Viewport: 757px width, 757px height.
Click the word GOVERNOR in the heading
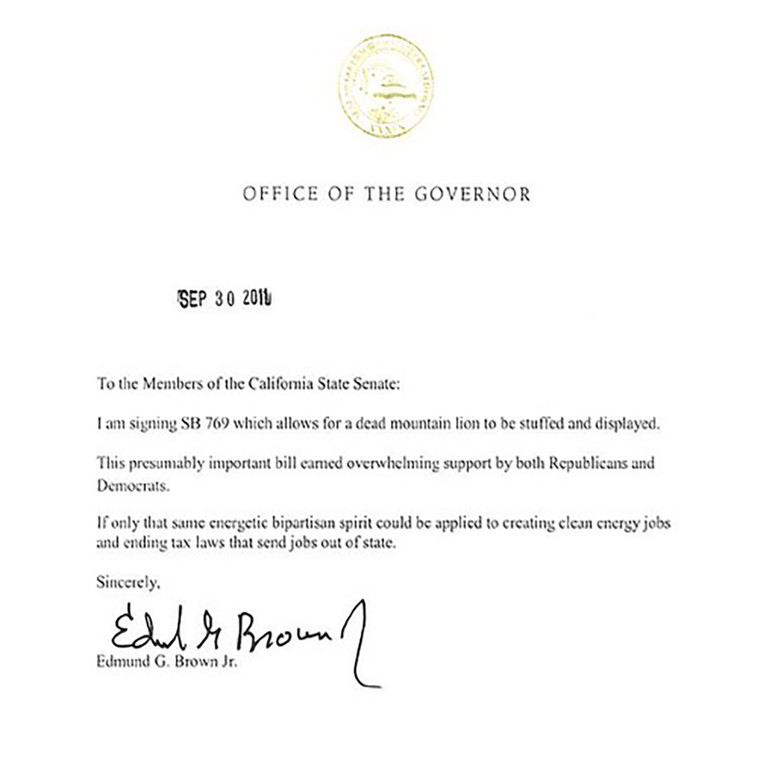(473, 195)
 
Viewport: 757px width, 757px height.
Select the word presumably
(160, 464)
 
